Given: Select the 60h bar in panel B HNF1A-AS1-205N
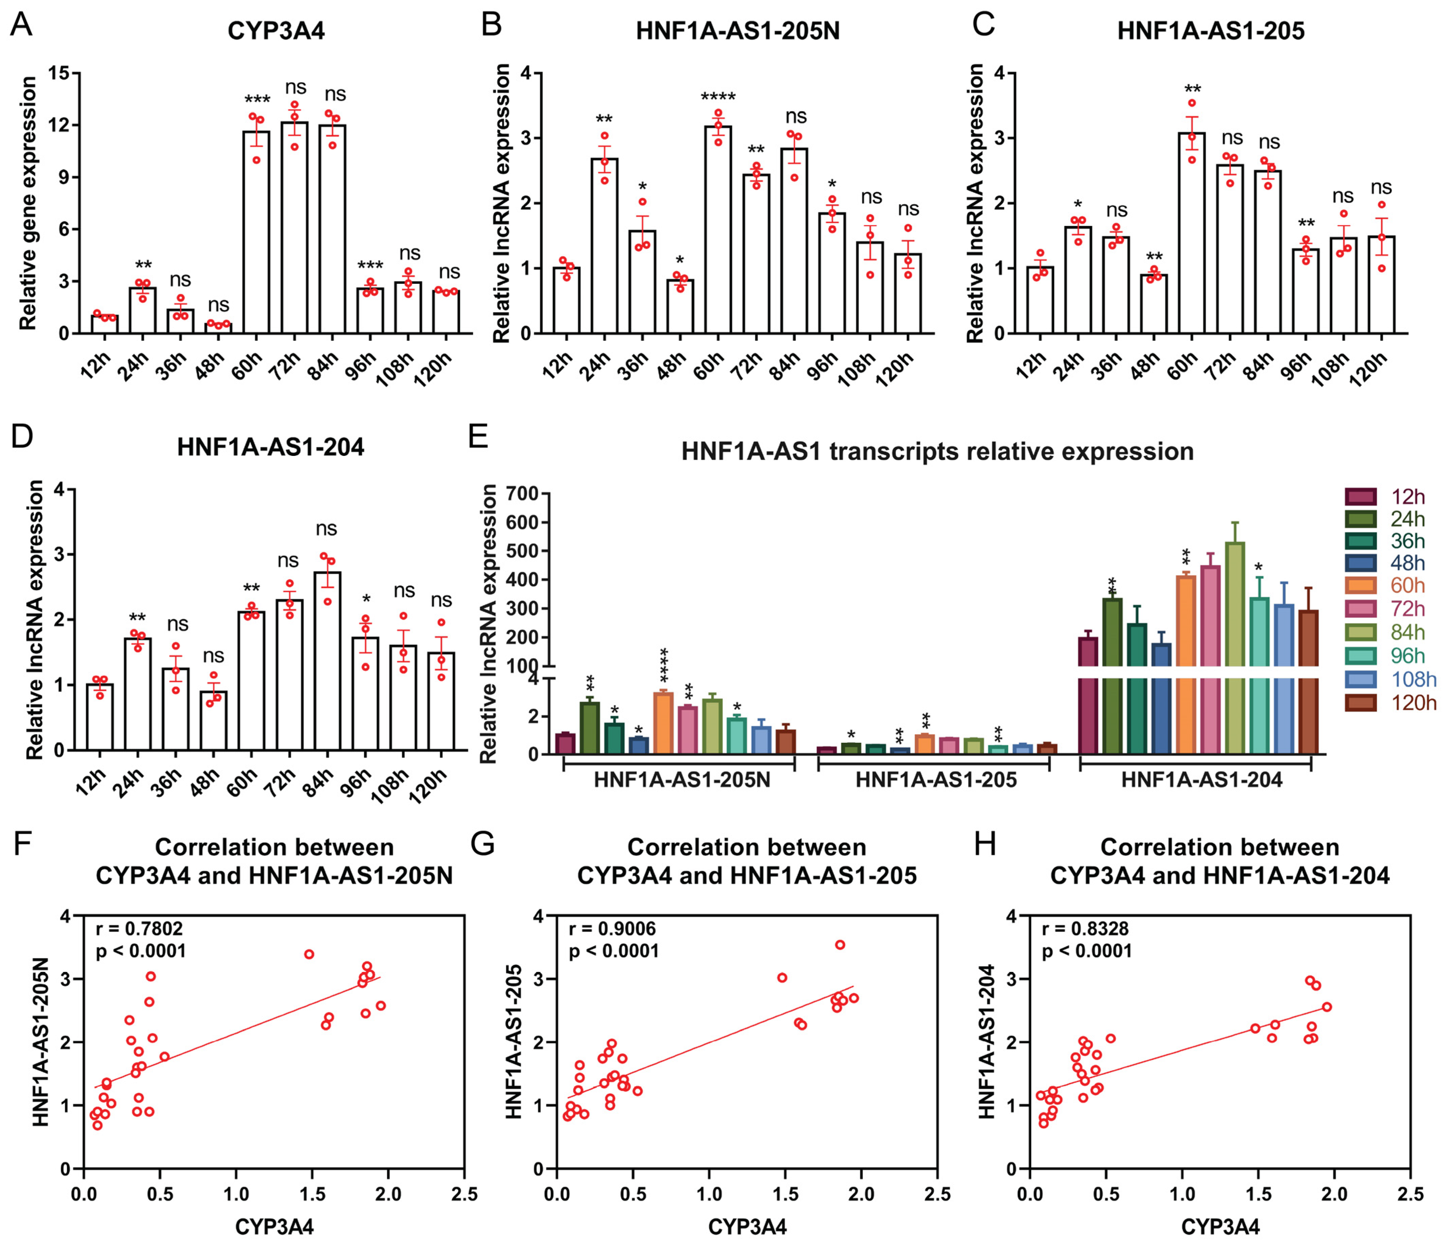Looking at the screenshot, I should pos(718,230).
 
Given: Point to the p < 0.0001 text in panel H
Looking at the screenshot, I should pos(1087,951).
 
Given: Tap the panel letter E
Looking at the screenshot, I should pos(479,438).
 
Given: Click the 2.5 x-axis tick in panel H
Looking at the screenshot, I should pos(1411,1195).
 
